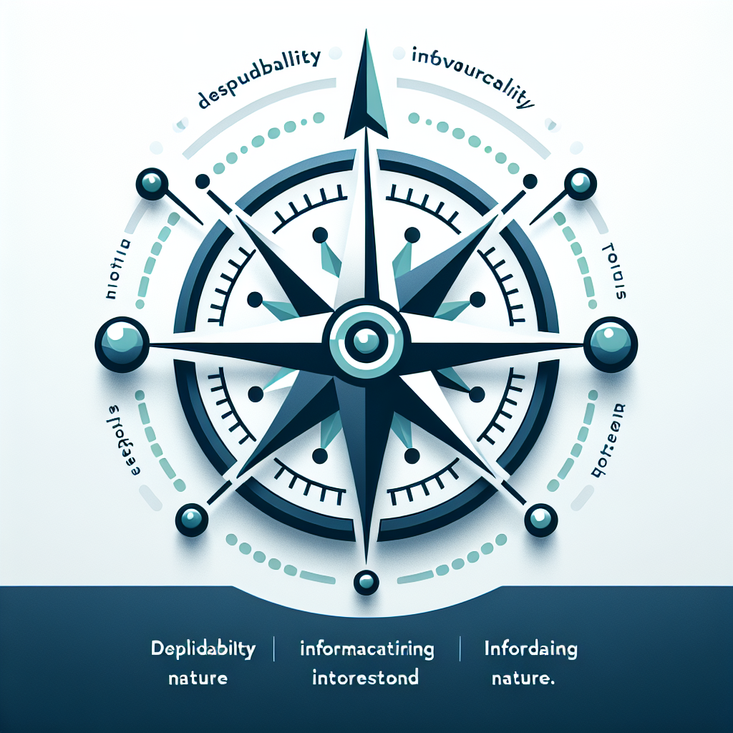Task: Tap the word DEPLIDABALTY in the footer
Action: pos(203,650)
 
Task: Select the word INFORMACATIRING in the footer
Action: pos(366,650)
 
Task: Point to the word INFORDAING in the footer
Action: pos(530,650)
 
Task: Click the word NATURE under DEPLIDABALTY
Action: pos(198,677)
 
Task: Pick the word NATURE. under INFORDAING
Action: pos(525,677)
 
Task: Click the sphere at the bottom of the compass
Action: pos(366,581)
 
